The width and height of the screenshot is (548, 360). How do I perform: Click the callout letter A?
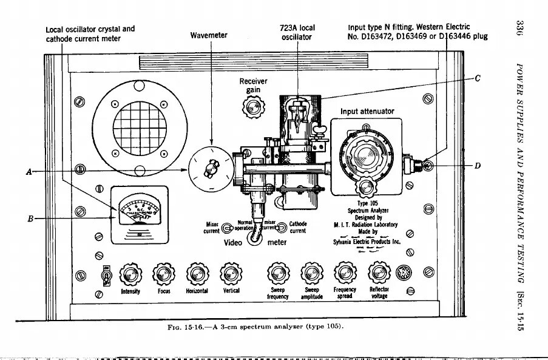[29, 171]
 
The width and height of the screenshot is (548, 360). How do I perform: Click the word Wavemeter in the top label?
[209, 35]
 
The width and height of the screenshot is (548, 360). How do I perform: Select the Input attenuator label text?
[367, 112]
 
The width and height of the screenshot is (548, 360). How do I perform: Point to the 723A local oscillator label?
[297, 32]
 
